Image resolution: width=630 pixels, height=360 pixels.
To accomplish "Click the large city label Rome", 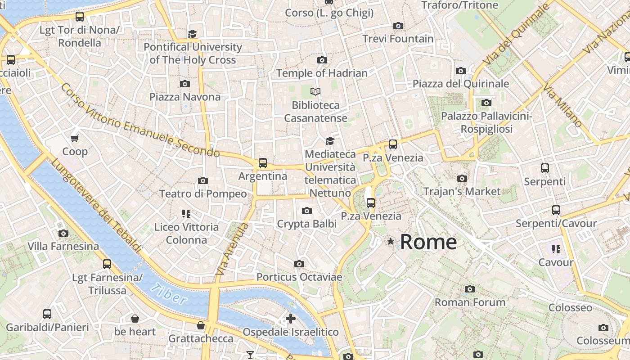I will tap(428, 242).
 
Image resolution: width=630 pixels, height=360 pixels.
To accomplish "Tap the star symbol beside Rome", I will tap(391, 242).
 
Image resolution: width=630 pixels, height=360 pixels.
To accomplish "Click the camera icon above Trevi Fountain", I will tap(398, 26).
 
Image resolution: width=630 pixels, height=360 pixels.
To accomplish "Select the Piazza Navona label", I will tap(185, 97).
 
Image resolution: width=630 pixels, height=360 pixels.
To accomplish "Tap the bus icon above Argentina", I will tap(263, 163).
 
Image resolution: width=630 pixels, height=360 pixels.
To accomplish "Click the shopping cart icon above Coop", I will tap(75, 138).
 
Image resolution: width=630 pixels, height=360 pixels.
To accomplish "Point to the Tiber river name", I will tap(169, 293).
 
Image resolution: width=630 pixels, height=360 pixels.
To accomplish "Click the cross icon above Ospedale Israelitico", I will tap(291, 319).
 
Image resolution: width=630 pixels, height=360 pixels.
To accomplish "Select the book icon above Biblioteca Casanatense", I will tap(316, 92).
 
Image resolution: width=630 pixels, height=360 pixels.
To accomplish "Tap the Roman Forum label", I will tap(470, 302).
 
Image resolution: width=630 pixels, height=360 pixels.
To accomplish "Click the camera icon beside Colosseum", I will tap(603, 328).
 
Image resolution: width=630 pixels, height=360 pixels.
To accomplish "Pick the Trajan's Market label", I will tap(462, 191).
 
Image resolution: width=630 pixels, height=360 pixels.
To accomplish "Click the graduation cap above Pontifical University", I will tap(193, 34).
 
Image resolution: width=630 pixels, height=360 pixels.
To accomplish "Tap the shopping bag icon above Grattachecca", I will tap(201, 325).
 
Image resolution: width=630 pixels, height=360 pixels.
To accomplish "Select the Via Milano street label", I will tap(562, 107).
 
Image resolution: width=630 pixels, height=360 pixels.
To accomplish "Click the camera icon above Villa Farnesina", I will tap(63, 233).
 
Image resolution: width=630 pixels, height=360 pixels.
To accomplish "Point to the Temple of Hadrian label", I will tap(322, 73).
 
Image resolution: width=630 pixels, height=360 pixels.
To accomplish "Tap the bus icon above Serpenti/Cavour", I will tap(556, 210).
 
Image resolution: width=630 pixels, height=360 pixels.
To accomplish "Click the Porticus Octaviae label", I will tap(299, 277).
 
